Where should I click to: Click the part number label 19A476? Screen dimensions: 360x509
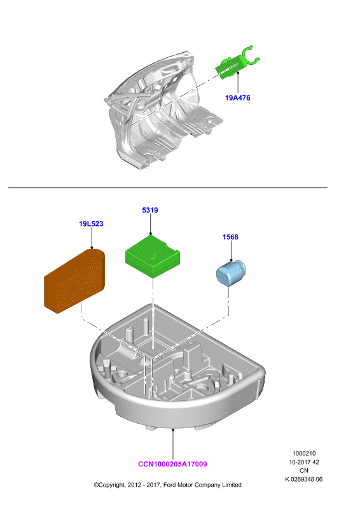(x=238, y=98)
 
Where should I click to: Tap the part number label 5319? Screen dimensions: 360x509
(x=150, y=211)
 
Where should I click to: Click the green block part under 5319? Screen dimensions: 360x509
(x=153, y=256)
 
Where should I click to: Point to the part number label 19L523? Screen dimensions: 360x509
(x=91, y=224)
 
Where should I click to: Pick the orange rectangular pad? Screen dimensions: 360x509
(x=74, y=281)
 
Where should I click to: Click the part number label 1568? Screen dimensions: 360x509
(x=230, y=237)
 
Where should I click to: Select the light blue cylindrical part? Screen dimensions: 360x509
(x=230, y=274)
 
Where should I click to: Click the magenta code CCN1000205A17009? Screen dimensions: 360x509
(x=172, y=464)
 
